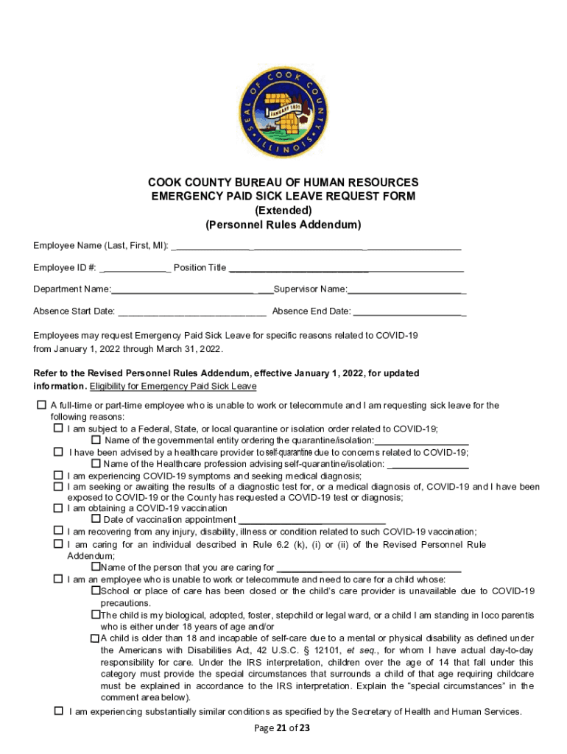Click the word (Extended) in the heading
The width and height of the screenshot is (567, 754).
[x=283, y=210]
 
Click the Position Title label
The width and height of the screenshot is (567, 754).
[x=200, y=267]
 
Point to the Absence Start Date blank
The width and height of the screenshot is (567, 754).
[x=191, y=311]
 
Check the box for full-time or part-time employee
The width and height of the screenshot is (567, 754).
[x=41, y=406]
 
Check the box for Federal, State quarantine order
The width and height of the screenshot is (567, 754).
[x=58, y=428]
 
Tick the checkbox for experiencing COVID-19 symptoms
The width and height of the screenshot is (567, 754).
[x=58, y=475]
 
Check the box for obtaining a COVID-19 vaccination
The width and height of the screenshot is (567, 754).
[x=58, y=508]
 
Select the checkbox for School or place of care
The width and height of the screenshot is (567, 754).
[x=95, y=591]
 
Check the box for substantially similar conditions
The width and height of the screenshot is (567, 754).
[x=58, y=711]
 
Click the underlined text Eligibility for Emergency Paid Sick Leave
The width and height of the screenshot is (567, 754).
[x=173, y=386]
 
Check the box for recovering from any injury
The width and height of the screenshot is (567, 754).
[x=58, y=531]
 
